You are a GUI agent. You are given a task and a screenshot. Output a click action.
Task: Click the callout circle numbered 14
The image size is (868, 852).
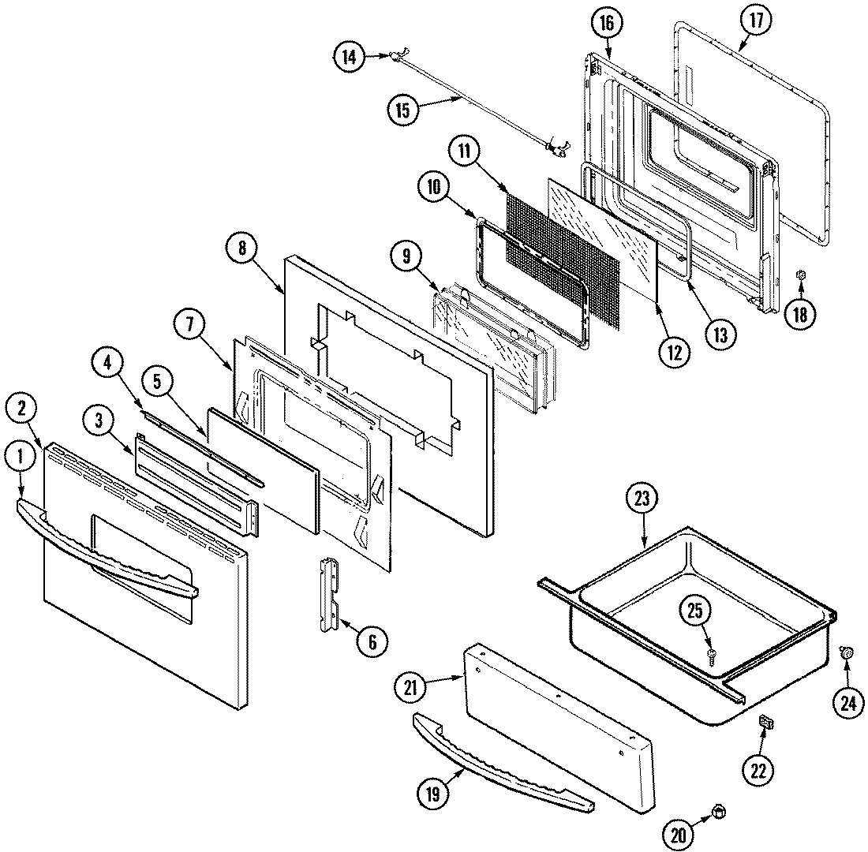pos(349,56)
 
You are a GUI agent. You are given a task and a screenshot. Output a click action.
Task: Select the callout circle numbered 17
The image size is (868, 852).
pos(756,21)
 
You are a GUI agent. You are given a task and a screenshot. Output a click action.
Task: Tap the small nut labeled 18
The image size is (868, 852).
pos(799,275)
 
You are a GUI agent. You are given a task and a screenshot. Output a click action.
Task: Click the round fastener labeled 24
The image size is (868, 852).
pos(847,652)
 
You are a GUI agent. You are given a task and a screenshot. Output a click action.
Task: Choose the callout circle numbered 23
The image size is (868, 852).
pos(641,499)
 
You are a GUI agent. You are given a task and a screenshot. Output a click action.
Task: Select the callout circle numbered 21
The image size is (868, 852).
pos(410,688)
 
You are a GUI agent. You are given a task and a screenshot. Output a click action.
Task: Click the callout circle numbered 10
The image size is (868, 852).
pos(433,187)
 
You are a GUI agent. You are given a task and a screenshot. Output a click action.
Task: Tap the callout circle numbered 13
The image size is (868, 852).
pos(720,332)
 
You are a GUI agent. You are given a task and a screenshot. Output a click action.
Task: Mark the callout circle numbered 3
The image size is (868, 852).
pos(99,420)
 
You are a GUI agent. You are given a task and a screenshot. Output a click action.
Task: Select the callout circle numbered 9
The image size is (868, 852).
pos(406,255)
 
